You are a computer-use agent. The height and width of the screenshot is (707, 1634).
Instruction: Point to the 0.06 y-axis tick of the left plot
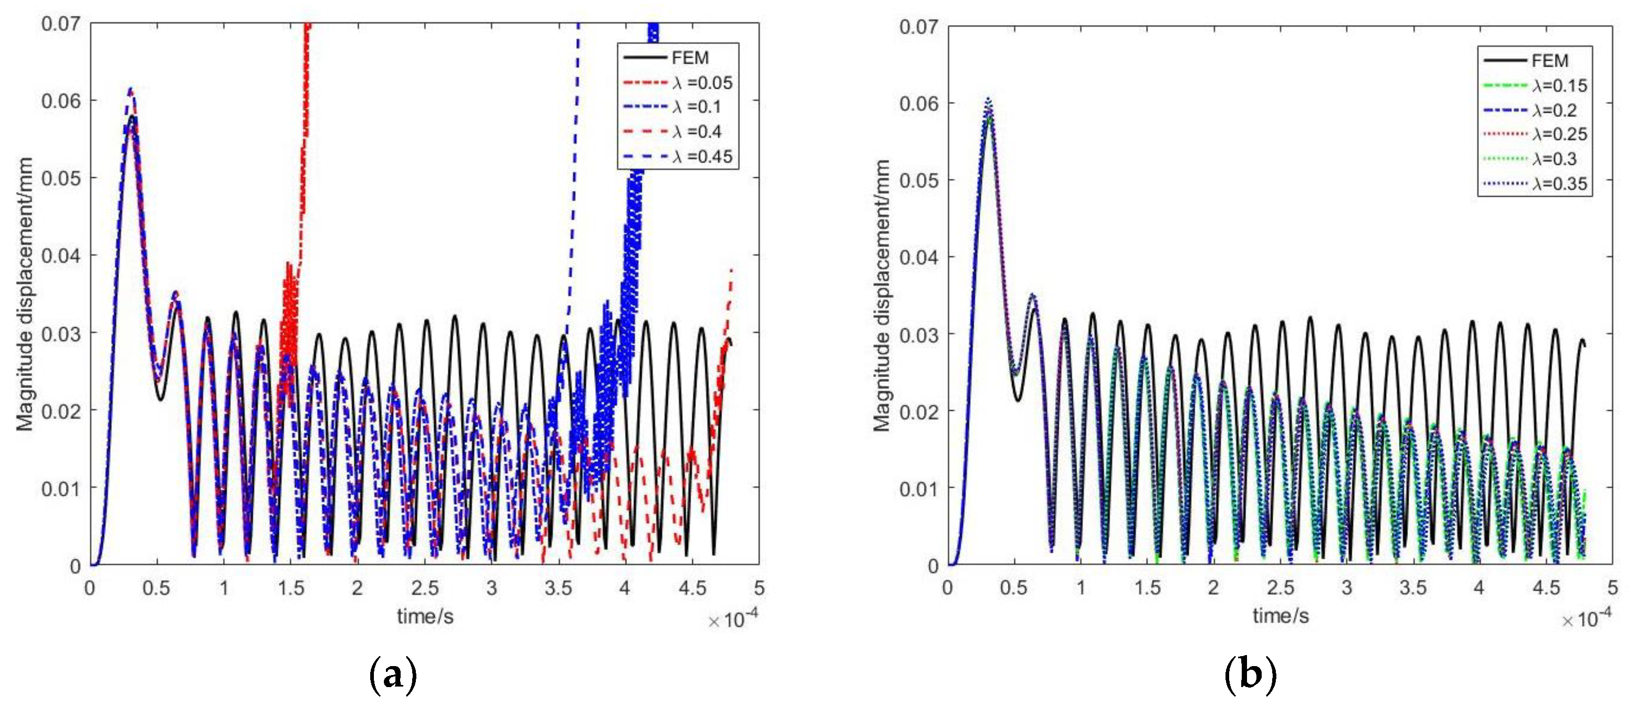[x=61, y=101]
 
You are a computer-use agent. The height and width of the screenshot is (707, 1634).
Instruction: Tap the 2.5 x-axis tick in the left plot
[x=424, y=588]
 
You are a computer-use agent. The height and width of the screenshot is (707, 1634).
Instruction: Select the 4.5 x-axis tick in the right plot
[x=1545, y=588]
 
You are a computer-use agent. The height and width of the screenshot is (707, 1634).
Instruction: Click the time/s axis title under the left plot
[x=425, y=616]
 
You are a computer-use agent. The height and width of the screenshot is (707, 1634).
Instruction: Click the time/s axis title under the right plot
[x=1281, y=616]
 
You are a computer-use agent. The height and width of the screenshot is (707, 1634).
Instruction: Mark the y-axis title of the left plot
[x=25, y=294]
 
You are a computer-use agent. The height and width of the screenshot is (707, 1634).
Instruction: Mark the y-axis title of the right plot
[x=881, y=296]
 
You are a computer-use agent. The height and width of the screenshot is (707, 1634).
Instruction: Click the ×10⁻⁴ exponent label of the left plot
[x=733, y=619]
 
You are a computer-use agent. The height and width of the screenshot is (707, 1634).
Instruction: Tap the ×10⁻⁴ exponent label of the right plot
[x=1586, y=618]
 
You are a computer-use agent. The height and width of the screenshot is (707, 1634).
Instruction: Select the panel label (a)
[x=393, y=674]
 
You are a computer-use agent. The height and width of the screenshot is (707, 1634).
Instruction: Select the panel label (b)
[x=1250, y=674]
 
